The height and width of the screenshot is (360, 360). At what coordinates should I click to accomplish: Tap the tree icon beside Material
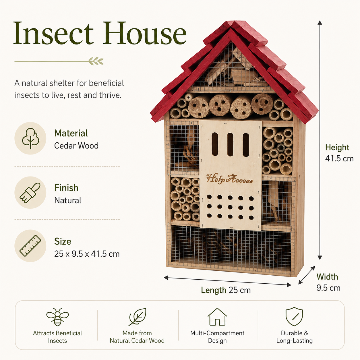tap(30, 138)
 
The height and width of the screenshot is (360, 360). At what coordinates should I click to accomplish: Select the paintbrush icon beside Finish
tap(30, 193)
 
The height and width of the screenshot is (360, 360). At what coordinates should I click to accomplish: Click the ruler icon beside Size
tap(30, 246)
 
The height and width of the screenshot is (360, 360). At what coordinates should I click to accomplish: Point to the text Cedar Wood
tap(76, 146)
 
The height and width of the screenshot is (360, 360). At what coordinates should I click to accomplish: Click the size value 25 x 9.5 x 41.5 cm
tap(87, 254)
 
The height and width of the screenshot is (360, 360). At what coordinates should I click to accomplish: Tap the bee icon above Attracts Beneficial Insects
tap(57, 317)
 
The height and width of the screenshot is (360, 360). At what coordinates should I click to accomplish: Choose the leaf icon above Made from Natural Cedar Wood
tap(137, 317)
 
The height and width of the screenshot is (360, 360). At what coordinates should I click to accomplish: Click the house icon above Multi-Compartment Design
tap(217, 317)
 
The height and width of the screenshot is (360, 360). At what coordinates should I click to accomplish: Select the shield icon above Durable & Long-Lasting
tap(294, 316)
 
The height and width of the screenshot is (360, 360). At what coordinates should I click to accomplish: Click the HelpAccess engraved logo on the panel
tap(230, 179)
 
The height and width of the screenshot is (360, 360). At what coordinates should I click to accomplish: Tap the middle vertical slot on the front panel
tap(230, 144)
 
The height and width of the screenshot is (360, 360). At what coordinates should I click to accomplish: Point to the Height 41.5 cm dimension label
tap(339, 153)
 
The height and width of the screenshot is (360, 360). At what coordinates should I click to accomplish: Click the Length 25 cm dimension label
tap(226, 290)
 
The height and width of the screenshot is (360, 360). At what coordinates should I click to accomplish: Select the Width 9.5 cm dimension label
tap(328, 282)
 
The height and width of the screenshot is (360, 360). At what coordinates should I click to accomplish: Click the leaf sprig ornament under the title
tap(96, 61)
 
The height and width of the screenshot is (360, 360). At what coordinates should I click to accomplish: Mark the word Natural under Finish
tap(68, 200)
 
